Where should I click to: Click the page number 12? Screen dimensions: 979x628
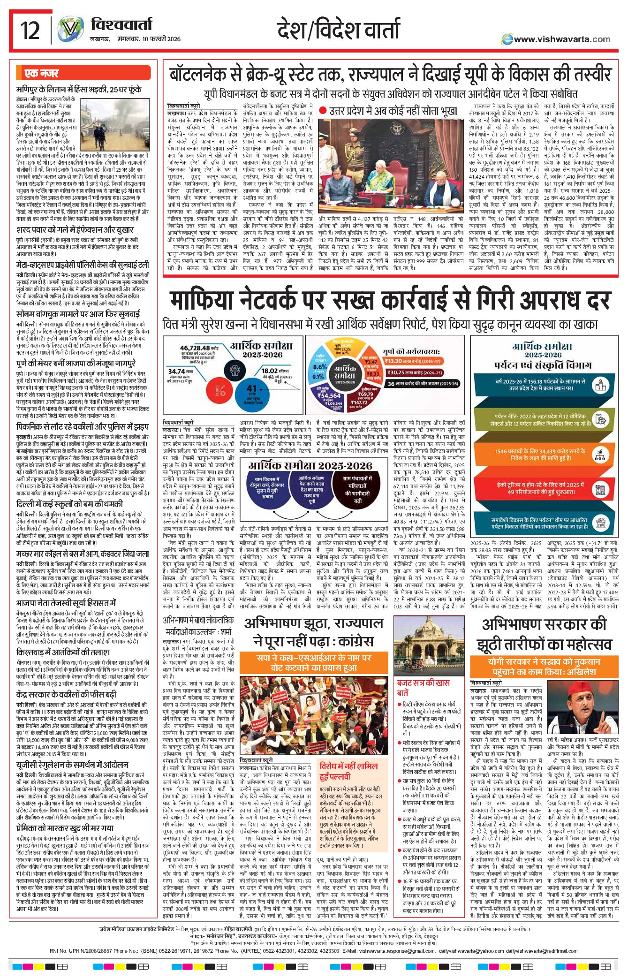[x=30, y=30]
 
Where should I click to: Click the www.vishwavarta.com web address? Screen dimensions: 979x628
[x=561, y=39]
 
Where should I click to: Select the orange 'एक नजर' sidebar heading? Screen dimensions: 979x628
[x=42, y=74]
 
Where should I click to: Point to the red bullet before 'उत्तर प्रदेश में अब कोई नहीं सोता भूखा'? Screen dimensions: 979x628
[x=322, y=111]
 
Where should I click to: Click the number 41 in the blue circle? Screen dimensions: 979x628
[x=252, y=388]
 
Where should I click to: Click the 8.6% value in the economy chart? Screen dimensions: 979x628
[x=320, y=367]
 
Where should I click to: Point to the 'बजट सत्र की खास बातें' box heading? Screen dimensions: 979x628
[x=423, y=687]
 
